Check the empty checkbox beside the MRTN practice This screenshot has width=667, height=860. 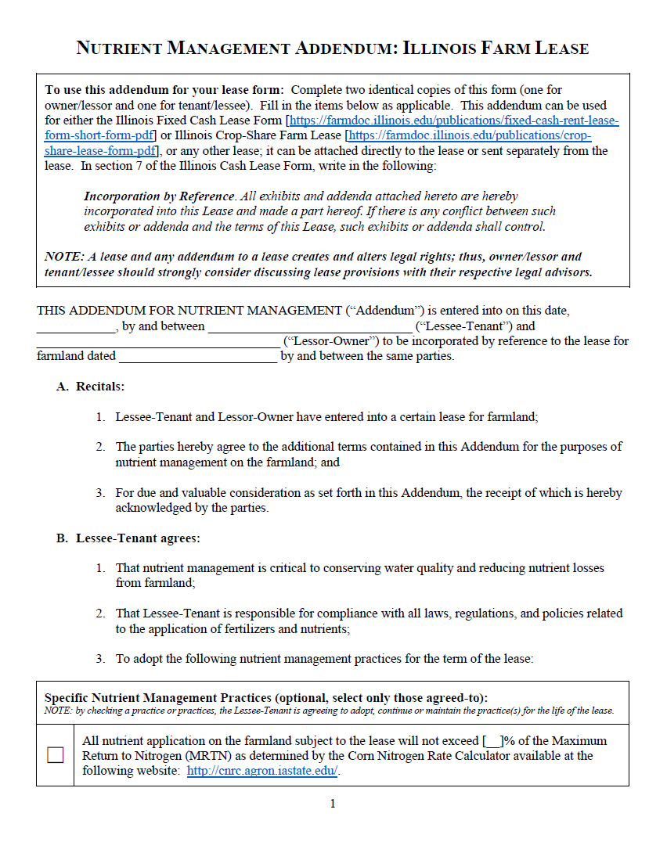55,755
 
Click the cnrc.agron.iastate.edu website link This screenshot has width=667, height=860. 262,771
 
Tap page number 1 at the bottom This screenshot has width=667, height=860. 333,804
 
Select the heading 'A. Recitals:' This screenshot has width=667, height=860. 90,387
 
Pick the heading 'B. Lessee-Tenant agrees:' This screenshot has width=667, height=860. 128,538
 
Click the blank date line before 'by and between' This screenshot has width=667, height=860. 76,327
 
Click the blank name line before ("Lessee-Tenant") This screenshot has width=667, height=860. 310,327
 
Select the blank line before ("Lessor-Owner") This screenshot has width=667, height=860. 157,342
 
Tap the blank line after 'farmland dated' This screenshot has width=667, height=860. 198,357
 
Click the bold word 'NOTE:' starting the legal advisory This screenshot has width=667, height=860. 62,257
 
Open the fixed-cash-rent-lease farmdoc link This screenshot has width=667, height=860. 454,121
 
